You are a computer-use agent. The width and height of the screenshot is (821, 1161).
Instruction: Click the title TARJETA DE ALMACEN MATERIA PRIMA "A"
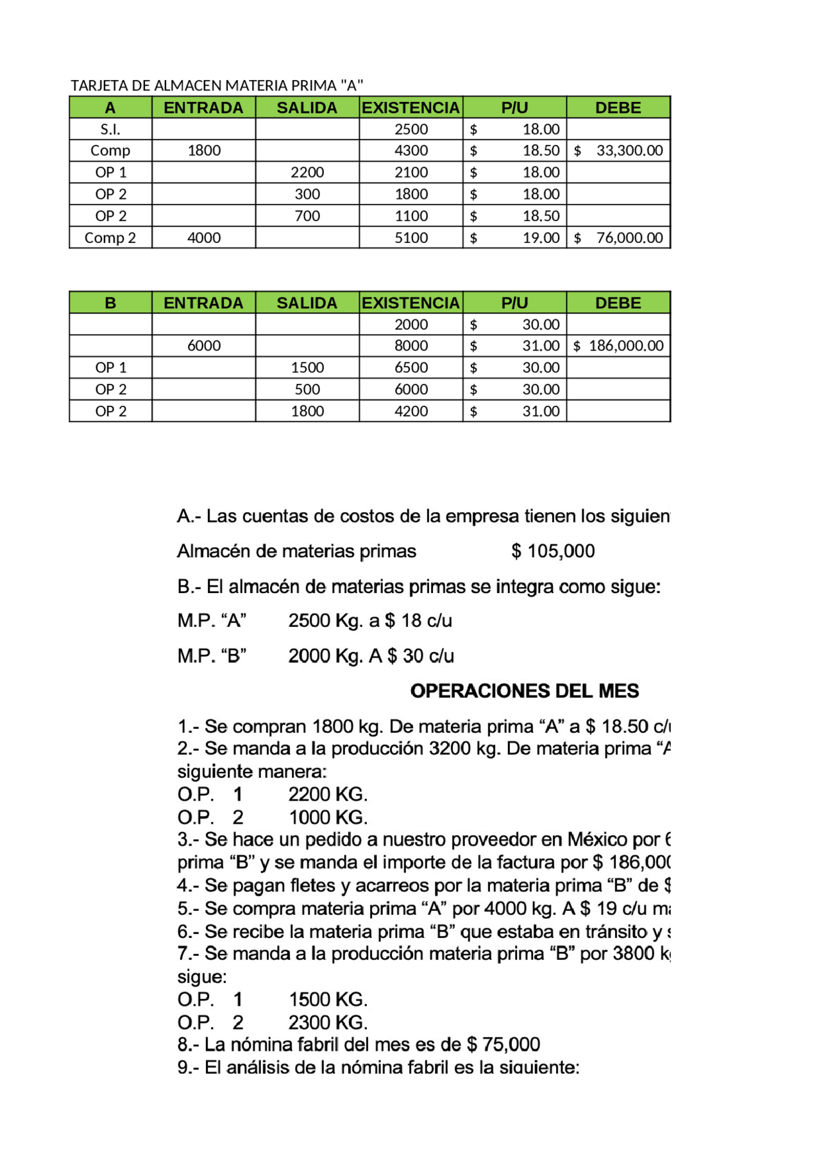[x=217, y=85]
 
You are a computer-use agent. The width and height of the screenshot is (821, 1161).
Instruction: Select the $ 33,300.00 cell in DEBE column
[x=618, y=151]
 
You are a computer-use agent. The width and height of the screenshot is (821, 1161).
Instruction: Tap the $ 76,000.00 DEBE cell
[x=618, y=238]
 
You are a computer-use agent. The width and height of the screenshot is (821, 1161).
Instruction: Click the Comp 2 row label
[x=110, y=238]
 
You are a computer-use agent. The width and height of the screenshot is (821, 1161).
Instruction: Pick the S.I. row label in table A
[x=110, y=129]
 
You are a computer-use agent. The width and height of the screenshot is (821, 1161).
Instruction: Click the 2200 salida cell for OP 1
[x=307, y=172]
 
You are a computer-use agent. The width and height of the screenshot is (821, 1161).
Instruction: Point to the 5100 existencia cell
[x=411, y=238]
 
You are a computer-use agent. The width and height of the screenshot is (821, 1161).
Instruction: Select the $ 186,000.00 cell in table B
[x=618, y=346]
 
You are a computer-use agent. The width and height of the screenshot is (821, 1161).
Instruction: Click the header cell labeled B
[x=110, y=303]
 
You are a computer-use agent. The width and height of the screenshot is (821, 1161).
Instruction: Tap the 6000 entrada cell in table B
[x=204, y=346]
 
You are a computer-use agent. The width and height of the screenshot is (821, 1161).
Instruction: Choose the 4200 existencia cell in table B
[x=411, y=412]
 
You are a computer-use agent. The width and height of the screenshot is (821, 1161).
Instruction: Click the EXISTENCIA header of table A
[x=411, y=108]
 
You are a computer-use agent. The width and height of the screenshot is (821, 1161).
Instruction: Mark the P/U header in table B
[x=514, y=303]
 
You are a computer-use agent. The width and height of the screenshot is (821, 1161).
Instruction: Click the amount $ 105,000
[x=553, y=551]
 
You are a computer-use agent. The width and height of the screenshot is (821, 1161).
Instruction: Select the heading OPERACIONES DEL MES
[x=524, y=691]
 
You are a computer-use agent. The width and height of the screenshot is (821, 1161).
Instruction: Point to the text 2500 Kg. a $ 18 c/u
[x=370, y=621]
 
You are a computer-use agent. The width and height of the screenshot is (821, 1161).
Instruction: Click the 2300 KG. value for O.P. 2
[x=328, y=1023]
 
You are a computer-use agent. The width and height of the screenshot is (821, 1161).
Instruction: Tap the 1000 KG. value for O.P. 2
[x=328, y=817]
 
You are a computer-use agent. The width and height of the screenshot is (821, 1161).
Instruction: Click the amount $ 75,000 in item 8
[x=504, y=1045]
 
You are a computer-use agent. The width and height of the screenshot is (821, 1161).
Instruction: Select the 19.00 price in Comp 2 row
[x=541, y=238]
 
